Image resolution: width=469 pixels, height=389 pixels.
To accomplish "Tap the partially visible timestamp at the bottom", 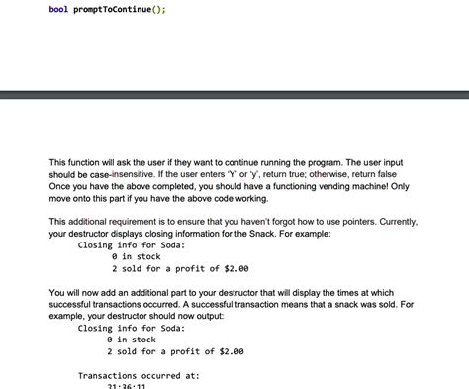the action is pyautogui.click(x=126, y=386).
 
